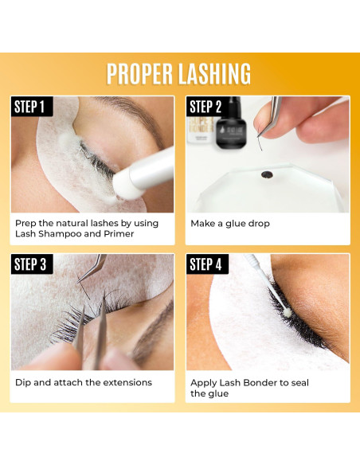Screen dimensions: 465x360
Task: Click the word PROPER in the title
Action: (x=139, y=73)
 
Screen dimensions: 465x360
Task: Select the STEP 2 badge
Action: (x=205, y=107)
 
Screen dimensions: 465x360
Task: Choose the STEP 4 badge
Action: (x=205, y=264)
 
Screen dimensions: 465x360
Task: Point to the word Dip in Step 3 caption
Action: (x=23, y=382)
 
